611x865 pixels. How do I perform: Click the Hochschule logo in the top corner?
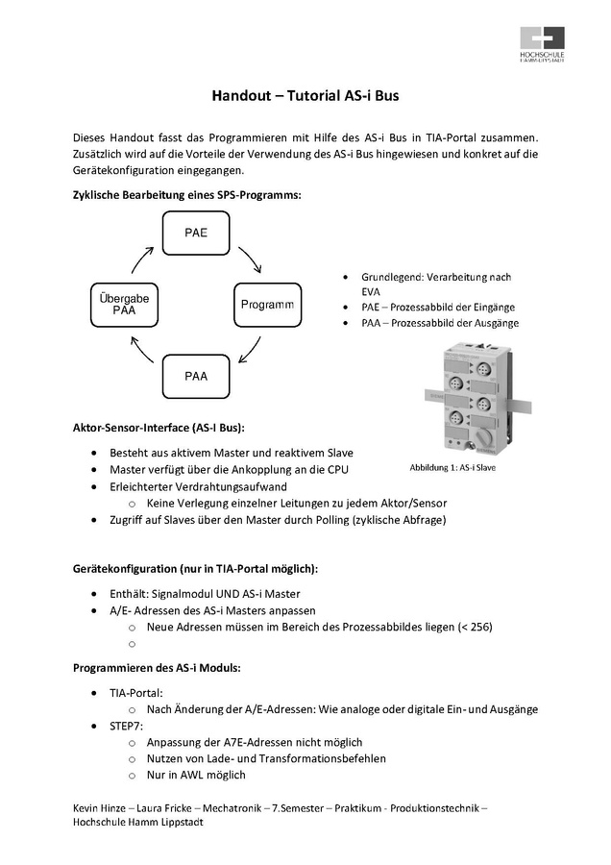pos(542,45)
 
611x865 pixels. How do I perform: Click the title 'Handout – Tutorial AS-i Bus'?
pos(305,96)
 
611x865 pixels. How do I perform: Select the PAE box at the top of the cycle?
pos(196,233)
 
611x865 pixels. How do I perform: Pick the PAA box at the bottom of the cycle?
pos(196,376)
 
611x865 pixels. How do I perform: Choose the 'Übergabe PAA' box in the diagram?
pos(124,305)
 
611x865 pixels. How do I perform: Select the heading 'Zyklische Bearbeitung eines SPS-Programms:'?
pos(187,195)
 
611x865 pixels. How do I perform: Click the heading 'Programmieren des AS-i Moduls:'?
pos(157,666)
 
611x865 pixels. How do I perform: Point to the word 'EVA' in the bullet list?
pos(372,291)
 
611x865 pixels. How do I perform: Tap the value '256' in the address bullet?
pos(476,627)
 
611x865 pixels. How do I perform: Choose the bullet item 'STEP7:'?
pos(126,726)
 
